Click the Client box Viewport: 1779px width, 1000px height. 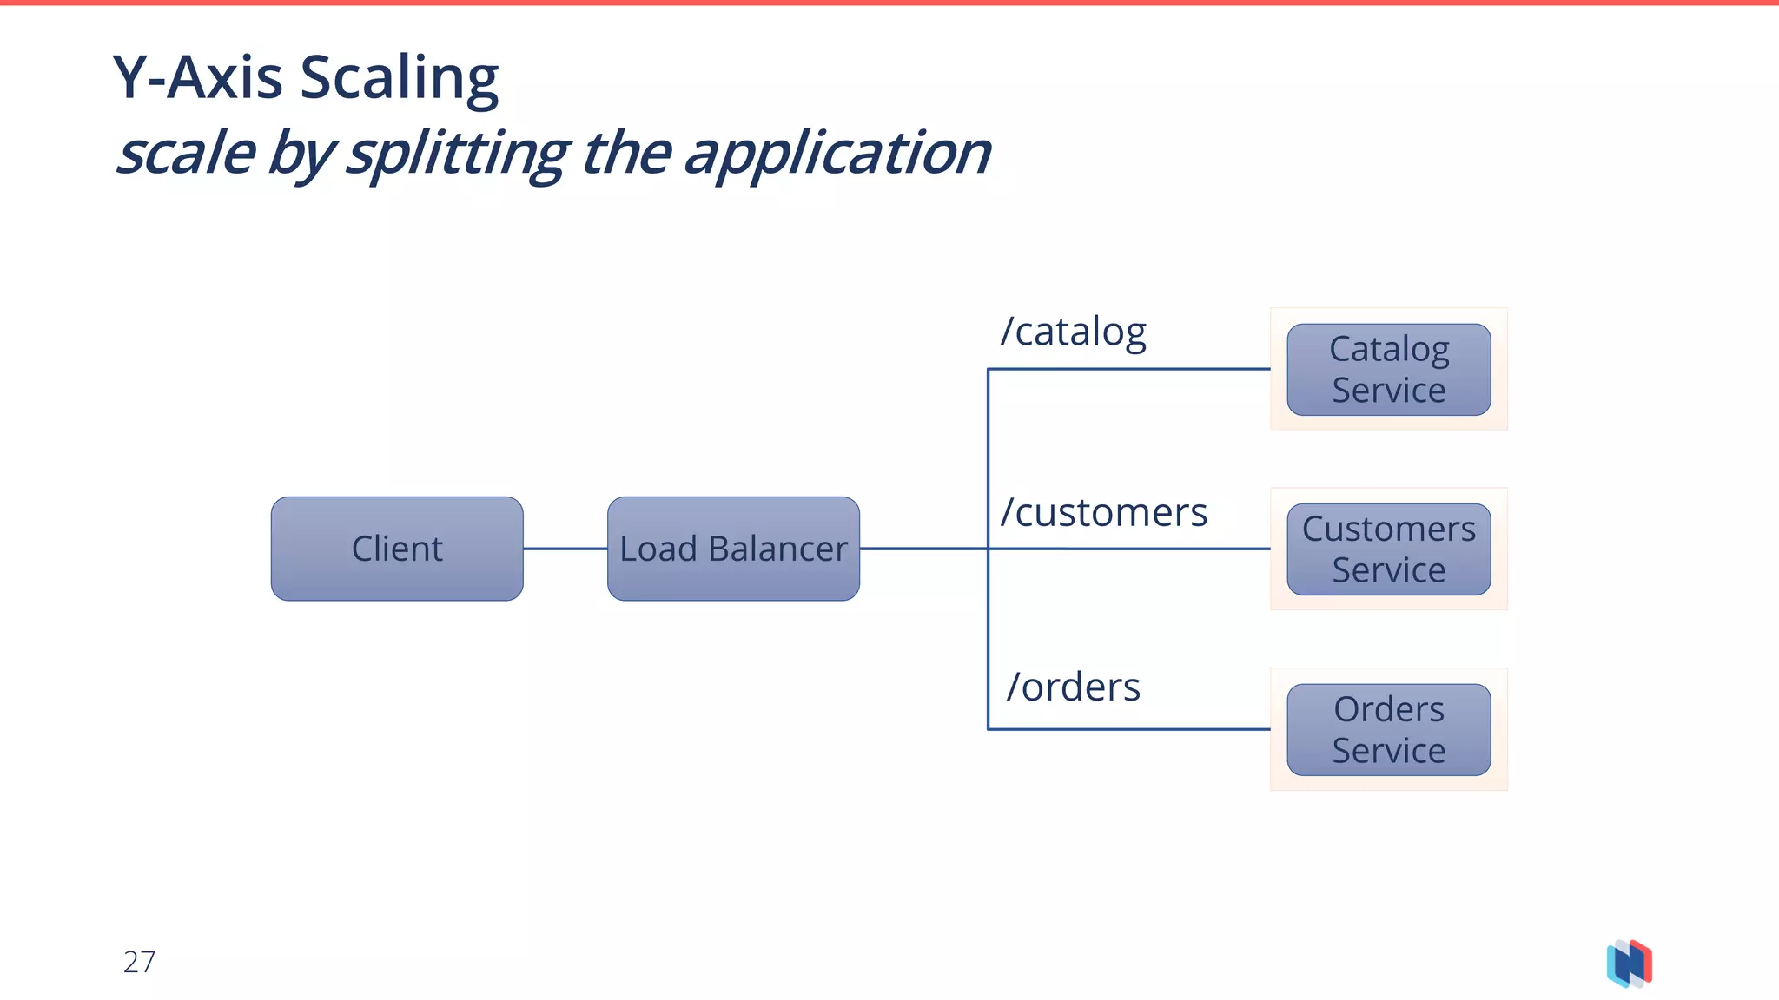click(x=397, y=549)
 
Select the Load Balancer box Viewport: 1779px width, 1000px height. click(x=733, y=549)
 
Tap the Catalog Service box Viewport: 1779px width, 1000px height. click(x=1388, y=370)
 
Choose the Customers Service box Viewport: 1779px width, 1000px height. click(x=1388, y=549)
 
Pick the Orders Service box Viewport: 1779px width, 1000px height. click(x=1388, y=729)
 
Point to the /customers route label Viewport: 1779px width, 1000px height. click(x=1103, y=512)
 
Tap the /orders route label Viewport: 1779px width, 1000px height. click(x=1073, y=687)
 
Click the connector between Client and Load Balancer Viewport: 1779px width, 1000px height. click(x=565, y=549)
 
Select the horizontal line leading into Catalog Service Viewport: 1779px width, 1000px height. click(x=1129, y=369)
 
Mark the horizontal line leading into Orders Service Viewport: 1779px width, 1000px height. click(x=1129, y=729)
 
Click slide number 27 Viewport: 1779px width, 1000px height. click(x=139, y=962)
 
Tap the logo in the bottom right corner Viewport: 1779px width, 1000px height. click(x=1629, y=964)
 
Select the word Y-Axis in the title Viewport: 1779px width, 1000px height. click(x=197, y=78)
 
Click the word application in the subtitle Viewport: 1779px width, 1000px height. click(x=836, y=155)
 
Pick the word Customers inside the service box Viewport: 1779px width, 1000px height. click(x=1388, y=529)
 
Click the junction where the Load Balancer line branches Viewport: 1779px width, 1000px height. click(x=989, y=549)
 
